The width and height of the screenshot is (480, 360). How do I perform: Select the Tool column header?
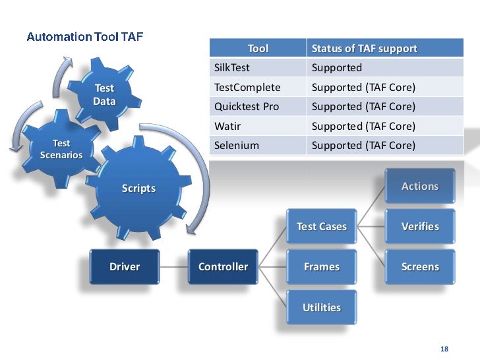(258, 48)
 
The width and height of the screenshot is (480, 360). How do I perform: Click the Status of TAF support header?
(364, 48)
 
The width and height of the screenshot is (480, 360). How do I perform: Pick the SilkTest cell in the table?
(233, 67)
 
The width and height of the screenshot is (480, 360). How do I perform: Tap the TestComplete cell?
(247, 87)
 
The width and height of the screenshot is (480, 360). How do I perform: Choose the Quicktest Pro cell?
(247, 106)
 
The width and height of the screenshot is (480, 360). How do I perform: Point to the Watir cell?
(227, 125)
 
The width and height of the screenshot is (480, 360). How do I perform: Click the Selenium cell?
(235, 144)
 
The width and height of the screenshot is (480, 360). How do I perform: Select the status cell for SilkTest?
(337, 67)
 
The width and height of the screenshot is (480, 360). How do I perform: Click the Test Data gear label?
(104, 94)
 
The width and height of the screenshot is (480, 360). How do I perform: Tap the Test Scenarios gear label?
(61, 149)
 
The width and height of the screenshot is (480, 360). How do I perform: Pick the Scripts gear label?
(138, 189)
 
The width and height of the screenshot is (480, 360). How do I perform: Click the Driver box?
(125, 267)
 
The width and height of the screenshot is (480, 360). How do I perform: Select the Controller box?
(223, 267)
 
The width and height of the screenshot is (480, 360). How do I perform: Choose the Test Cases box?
(321, 226)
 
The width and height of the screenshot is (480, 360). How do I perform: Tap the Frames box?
(321, 267)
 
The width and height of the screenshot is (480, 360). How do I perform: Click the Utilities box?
(321, 307)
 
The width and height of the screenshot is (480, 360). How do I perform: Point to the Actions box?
(419, 186)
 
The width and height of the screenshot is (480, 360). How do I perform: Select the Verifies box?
(419, 226)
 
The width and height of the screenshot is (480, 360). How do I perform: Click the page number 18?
(444, 348)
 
